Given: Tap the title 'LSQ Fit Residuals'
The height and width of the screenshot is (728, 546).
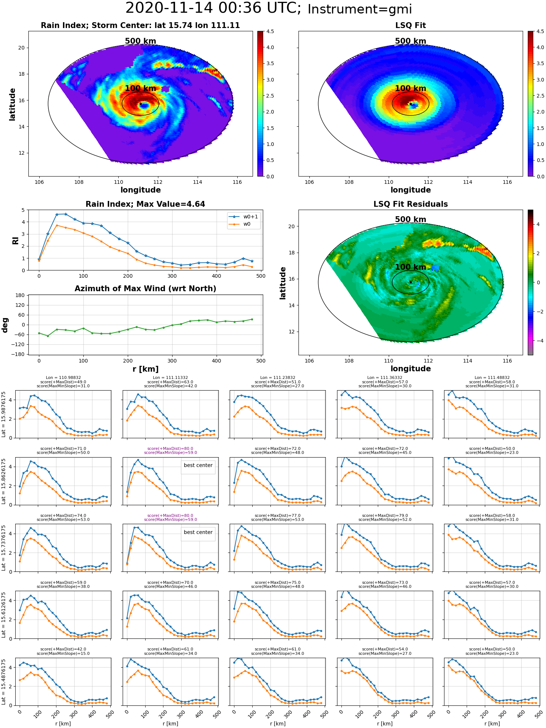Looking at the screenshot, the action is (x=411, y=204).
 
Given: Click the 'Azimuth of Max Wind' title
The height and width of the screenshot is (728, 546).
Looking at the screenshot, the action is (x=145, y=289).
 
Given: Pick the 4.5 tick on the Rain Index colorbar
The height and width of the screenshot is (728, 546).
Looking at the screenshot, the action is (x=270, y=32).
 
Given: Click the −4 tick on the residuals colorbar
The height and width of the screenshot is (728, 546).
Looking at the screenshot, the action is (x=538, y=341).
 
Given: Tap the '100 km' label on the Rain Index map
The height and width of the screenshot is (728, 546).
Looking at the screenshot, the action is (x=141, y=88).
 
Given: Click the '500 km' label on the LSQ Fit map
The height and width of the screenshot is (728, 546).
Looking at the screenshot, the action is (x=411, y=41).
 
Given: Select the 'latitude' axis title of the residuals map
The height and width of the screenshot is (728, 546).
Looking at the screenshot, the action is (x=283, y=283).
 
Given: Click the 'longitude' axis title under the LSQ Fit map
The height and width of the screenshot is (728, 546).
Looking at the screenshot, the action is (x=411, y=190).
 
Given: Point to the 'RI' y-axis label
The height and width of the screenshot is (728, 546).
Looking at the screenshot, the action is (x=15, y=240).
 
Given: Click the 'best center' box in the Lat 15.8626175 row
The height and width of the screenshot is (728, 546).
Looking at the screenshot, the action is (x=198, y=466).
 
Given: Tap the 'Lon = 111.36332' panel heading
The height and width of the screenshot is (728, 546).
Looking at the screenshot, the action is (x=385, y=378).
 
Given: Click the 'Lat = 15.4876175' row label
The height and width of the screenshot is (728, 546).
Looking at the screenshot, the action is (x=3, y=681).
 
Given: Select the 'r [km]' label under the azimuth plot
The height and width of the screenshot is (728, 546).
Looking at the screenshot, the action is (x=146, y=369).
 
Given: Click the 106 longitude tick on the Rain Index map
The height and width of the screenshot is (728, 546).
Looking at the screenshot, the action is (x=39, y=182).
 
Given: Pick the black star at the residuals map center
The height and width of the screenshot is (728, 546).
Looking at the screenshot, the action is (x=411, y=282).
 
